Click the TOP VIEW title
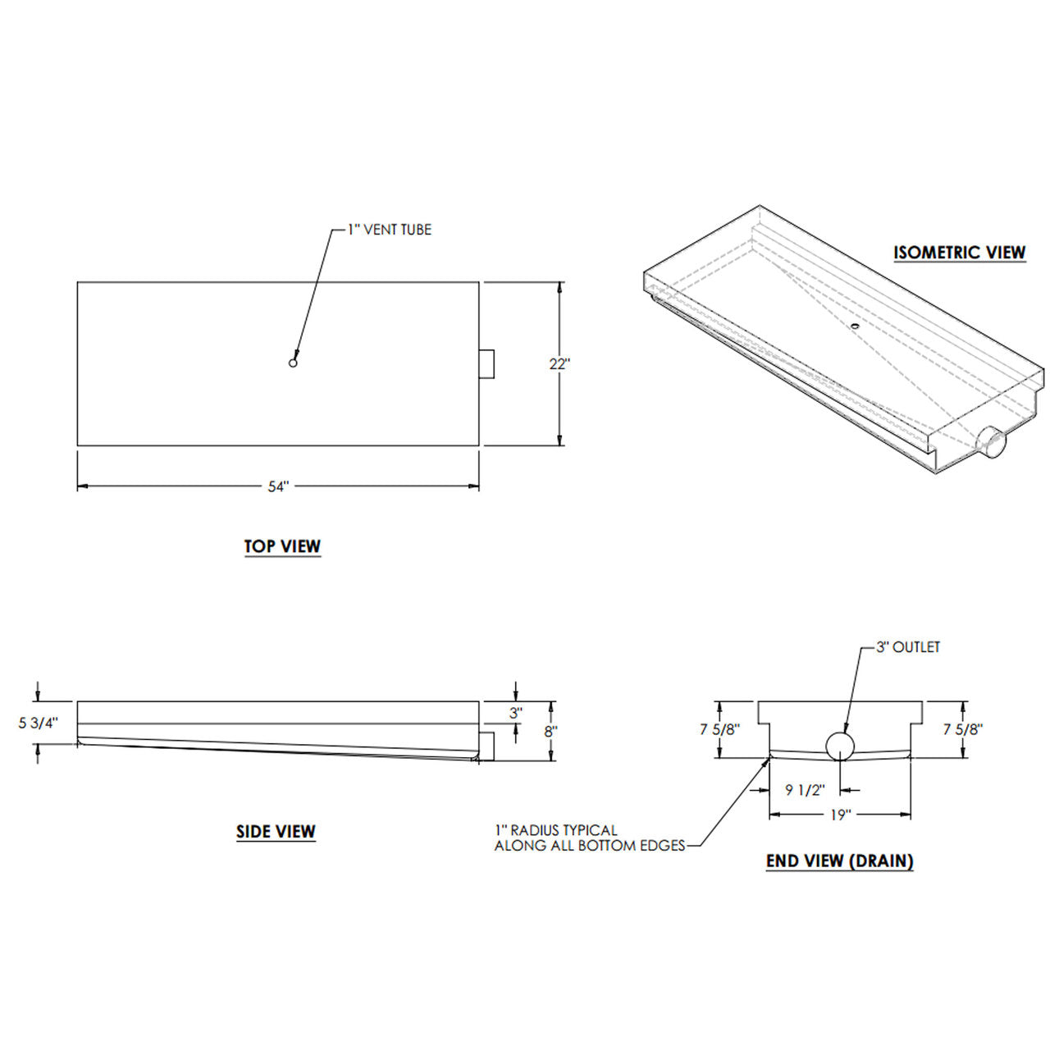coord(282,546)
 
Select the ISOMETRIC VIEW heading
coord(959,253)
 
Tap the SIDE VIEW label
coord(276,832)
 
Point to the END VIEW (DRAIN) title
coord(839,861)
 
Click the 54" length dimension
coord(278,486)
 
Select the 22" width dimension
coord(559,364)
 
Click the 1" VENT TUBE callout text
coord(389,231)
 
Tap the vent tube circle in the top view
coord(293,363)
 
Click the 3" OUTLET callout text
coord(907,647)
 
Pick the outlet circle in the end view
coord(840,746)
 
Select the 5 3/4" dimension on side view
coord(39,723)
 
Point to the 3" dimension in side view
coord(515,713)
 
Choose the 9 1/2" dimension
coord(804,790)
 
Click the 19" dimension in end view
coord(840,815)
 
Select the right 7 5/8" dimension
coord(962,728)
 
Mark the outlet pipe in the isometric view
coord(993,443)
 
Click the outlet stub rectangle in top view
coord(487,363)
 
